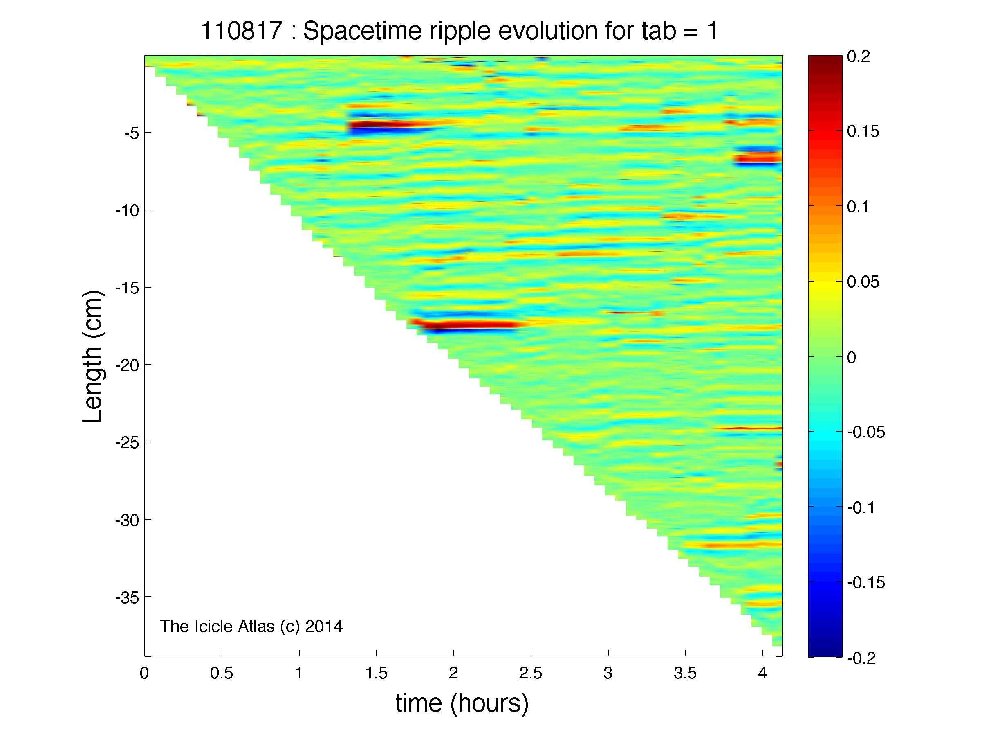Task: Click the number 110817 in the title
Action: pos(242,31)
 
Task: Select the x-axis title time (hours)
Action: pos(462,703)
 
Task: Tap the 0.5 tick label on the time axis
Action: pos(222,674)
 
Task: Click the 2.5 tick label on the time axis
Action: pos(531,674)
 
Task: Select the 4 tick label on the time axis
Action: pos(763,674)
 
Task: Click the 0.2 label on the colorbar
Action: pos(859,56)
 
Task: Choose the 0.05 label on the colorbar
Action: pos(863,282)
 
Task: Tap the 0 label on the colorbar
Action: pos(852,357)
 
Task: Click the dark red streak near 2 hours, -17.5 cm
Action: pos(466,325)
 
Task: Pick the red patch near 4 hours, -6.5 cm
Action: pos(758,157)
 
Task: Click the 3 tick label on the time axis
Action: pos(608,674)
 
